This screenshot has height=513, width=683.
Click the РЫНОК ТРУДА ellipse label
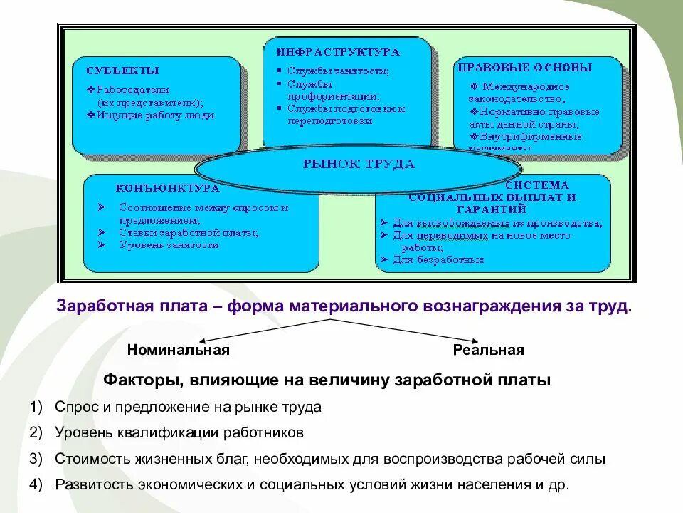click(359, 165)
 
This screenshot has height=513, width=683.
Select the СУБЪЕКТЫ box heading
click(122, 71)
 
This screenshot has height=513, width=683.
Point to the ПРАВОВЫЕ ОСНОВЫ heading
click(524, 68)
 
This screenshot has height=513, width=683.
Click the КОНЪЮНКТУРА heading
click(167, 189)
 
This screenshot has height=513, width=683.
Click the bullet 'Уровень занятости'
click(169, 244)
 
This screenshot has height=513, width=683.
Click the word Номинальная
click(179, 350)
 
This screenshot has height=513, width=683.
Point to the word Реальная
click(489, 350)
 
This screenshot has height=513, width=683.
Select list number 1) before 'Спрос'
click(37, 408)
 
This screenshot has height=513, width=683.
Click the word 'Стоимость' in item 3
click(89, 460)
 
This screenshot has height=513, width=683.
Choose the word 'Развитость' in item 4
click(92, 485)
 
